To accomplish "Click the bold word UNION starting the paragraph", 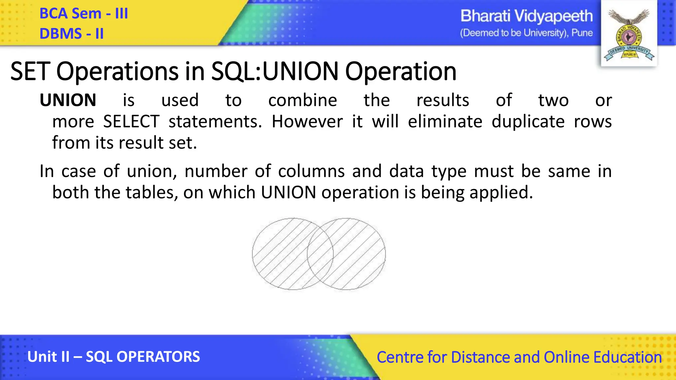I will pos(68,100).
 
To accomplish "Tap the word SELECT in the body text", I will pos(131,121).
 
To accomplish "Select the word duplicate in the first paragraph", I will pos(528,121).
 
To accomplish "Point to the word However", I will pos(307,121).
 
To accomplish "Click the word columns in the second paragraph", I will pos(311,171).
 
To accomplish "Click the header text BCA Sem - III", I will pos(84,14).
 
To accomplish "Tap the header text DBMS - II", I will pos(72,34).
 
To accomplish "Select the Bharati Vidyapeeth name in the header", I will pos(526,16).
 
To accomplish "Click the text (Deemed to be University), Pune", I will pos(526,33).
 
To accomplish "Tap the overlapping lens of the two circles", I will pos(320,254).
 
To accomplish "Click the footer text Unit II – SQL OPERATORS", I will pos(114,357).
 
